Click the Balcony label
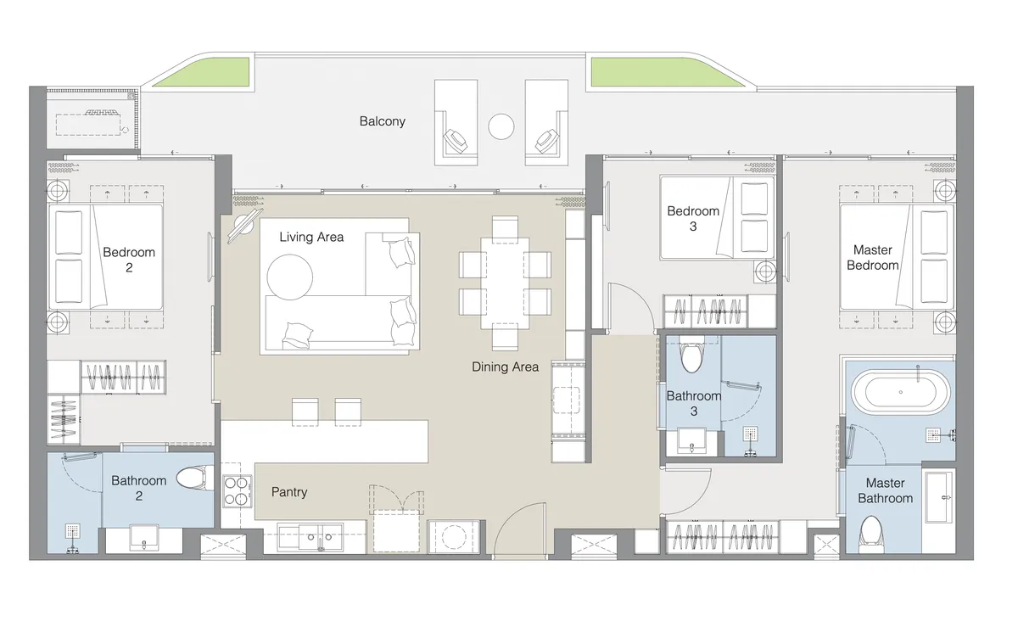(382, 121)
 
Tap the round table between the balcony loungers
(501, 127)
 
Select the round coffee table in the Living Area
(290, 276)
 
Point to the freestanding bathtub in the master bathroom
(899, 391)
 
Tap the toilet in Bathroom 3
(692, 357)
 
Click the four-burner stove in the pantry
(238, 490)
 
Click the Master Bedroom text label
(872, 258)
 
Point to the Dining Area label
(506, 367)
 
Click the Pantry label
(289, 492)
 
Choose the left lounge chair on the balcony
(459, 123)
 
